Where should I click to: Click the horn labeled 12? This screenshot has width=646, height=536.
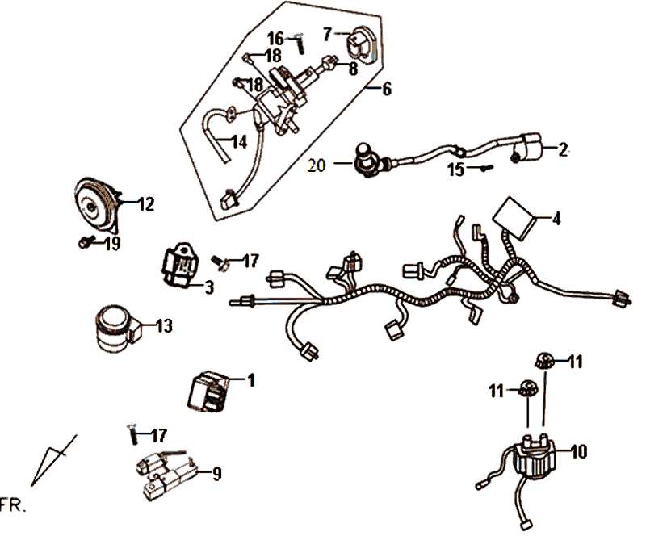(x=95, y=207)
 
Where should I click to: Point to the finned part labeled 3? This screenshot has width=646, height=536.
(x=182, y=267)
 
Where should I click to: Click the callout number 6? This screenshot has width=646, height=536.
(x=386, y=89)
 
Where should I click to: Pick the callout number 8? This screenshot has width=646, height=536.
(x=353, y=69)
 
